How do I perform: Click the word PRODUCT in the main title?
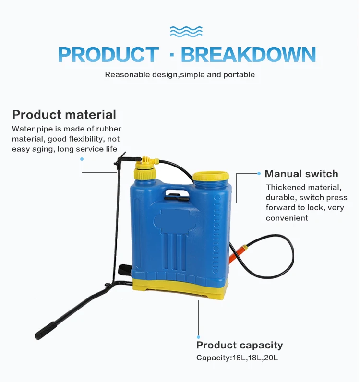[108, 55]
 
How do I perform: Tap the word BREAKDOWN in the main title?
[248, 55]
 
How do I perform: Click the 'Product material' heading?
[64, 115]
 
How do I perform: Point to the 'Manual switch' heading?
[301, 174]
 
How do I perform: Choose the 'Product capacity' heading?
[240, 345]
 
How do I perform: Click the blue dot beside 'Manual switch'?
[260, 173]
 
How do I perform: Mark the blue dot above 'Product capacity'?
[198, 337]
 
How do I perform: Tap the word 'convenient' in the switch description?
[287, 218]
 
